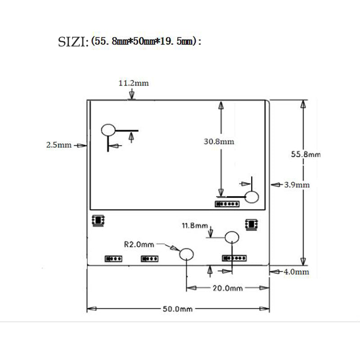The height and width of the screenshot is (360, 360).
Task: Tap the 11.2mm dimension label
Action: pos(133,83)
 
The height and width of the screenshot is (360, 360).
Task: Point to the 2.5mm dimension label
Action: pos(58,145)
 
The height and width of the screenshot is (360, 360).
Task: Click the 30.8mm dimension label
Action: pos(219,141)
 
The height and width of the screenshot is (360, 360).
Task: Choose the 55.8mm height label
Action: pos(306,154)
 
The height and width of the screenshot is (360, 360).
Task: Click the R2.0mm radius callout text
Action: pos(139,244)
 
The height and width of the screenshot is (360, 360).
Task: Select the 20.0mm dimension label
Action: pos(228,288)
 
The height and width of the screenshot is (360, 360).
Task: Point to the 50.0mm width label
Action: pos(177,309)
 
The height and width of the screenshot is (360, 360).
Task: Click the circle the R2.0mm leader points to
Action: pos(186,255)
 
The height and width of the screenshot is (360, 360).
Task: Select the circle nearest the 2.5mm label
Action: pos(108,130)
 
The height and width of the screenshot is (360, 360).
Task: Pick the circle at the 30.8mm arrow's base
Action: pos(252,197)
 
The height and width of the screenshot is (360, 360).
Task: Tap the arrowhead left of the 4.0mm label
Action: pos(273,271)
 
